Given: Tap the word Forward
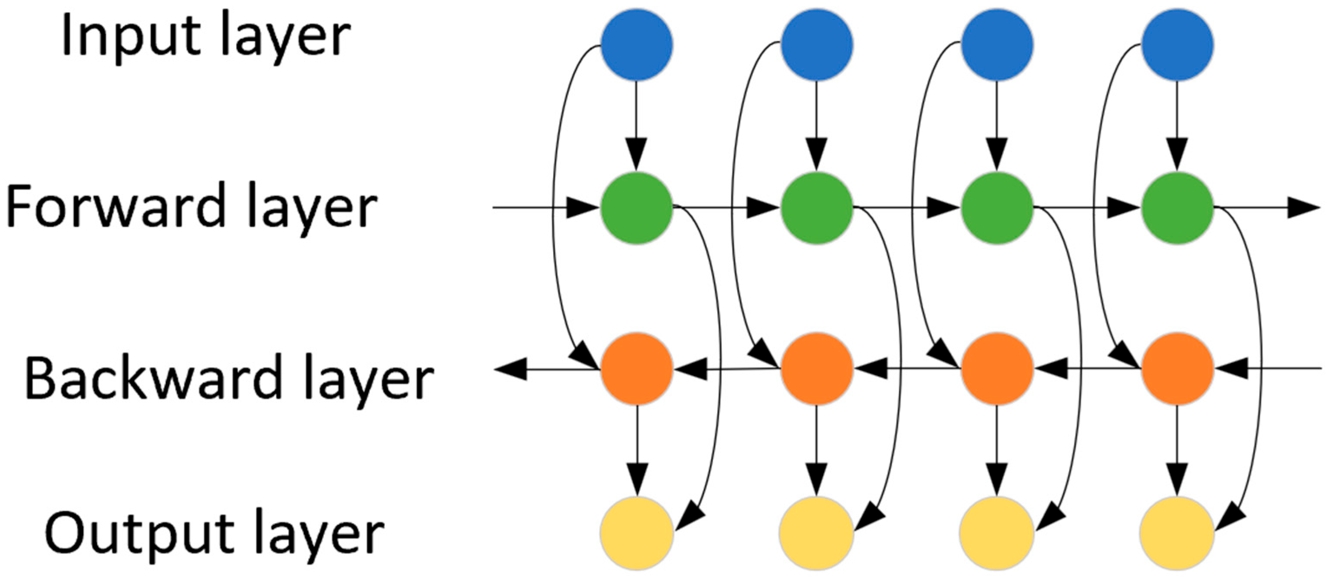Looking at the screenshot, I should [x=116, y=206].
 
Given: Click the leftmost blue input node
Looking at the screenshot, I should [x=636, y=44].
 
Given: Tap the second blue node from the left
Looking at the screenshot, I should [x=817, y=44].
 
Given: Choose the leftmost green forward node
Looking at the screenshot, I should [x=636, y=208].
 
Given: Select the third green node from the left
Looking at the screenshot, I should [x=997, y=208].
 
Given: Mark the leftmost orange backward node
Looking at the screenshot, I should [x=636, y=368].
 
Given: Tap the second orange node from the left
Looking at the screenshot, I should [x=817, y=368].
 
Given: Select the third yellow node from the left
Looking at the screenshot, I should [x=997, y=533].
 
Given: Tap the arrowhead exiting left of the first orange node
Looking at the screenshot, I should [x=511, y=369].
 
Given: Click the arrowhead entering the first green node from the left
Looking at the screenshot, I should [x=583, y=208].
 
